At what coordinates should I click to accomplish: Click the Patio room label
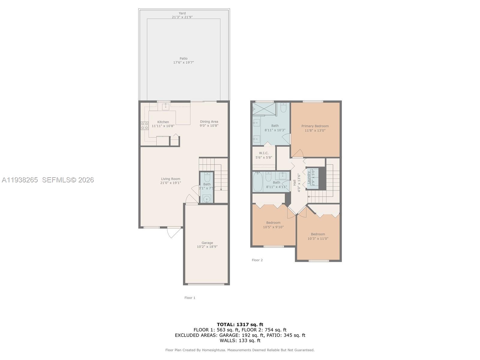pos(184,58)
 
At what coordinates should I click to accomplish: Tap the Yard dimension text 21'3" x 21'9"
pos(182,17)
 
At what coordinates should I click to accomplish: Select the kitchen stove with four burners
pos(145,126)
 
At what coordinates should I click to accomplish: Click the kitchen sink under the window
pos(165,106)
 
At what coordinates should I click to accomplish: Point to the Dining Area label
pos(209,121)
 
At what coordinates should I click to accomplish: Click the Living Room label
pos(170,179)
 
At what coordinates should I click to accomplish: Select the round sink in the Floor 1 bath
pos(207,199)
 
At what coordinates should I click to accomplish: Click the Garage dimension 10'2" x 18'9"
pos(207,247)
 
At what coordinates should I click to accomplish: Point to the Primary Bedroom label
pos(315,126)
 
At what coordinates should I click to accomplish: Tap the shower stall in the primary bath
pos(264,109)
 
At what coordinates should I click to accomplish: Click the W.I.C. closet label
pos(264,153)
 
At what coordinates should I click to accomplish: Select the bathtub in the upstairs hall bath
pos(257,182)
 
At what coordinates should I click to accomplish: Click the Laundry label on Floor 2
pos(309,177)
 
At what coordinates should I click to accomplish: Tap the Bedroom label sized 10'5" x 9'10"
pos(273,223)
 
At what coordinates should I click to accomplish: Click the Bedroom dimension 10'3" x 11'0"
pos(318,239)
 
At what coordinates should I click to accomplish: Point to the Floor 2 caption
pos(257,260)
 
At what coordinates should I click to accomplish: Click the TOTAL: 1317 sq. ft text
pos(240,324)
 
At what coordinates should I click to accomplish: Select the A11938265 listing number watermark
pos(20,180)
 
